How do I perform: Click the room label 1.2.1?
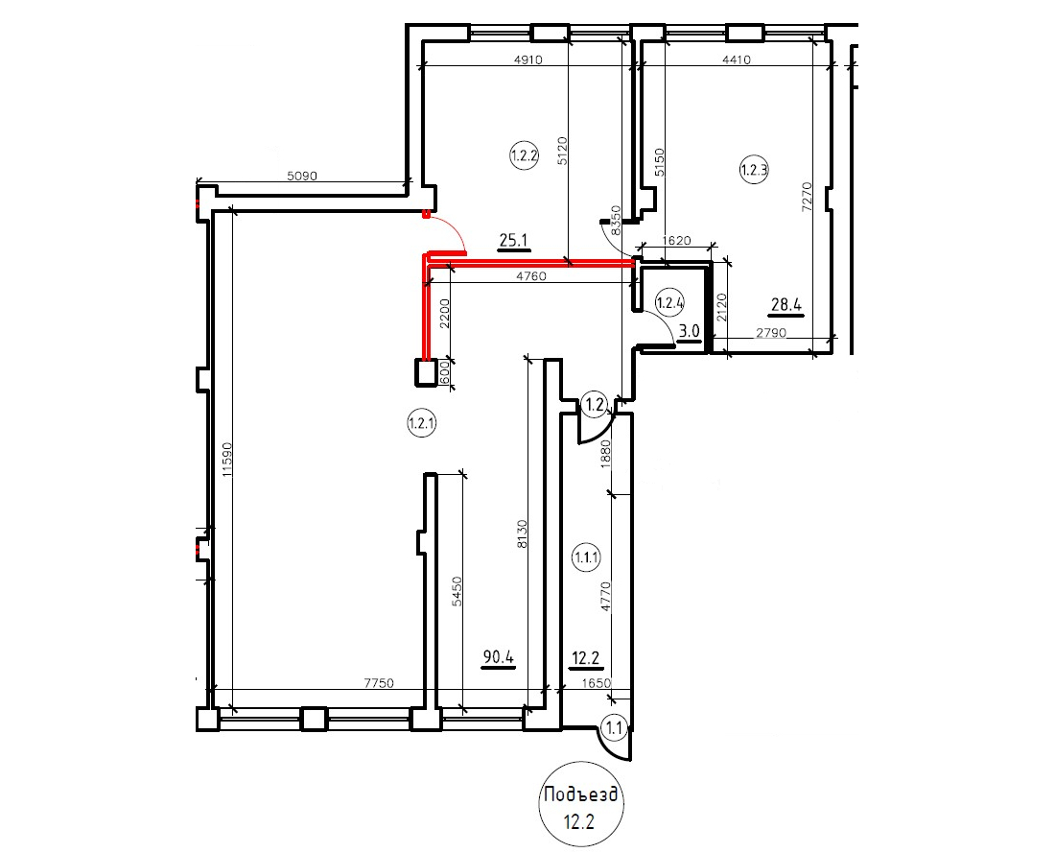point(422,423)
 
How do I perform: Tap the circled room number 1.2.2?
point(524,156)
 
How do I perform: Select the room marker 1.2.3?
point(754,170)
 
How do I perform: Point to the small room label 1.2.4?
point(670,302)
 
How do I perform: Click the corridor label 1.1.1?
point(586,557)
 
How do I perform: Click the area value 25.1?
point(514,241)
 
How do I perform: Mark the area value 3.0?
point(690,332)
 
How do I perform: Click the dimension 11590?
point(226,460)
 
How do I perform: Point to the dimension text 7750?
point(378,683)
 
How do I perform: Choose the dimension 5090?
point(301,177)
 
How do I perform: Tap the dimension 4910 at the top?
point(527,59)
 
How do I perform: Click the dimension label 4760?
point(531,276)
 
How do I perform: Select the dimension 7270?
point(809,197)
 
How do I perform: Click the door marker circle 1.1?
point(615,727)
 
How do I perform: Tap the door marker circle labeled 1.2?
point(594,405)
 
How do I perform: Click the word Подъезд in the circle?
point(580,795)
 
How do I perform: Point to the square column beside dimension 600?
point(426,372)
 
